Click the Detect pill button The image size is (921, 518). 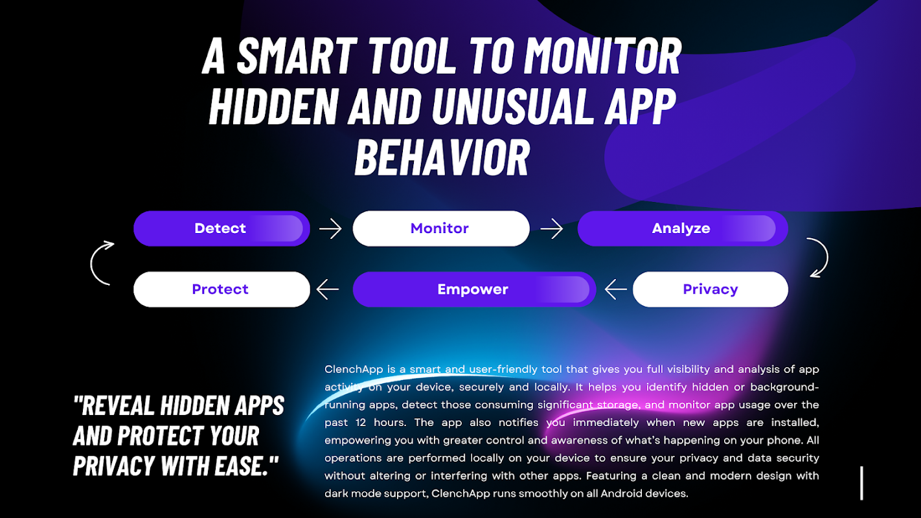pyautogui.click(x=222, y=229)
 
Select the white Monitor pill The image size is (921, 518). pyautogui.click(x=441, y=229)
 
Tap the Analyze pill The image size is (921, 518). pyautogui.click(x=683, y=229)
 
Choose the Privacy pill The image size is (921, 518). pyautogui.click(x=711, y=289)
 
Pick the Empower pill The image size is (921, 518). pyautogui.click(x=475, y=289)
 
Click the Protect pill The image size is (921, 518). pyautogui.click(x=222, y=289)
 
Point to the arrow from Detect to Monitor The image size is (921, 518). pyautogui.click(x=330, y=229)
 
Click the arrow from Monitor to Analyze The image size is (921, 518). pyautogui.click(x=552, y=229)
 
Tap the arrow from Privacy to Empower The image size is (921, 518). pyautogui.click(x=616, y=289)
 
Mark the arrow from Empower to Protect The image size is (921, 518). pyautogui.click(x=328, y=289)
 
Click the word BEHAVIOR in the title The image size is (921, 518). pyautogui.click(x=442, y=158)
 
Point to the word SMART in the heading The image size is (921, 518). pyautogui.click(x=297, y=56)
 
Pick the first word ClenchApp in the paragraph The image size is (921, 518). pyautogui.click(x=354, y=370)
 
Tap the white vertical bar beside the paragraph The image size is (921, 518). pyautogui.click(x=861, y=483)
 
